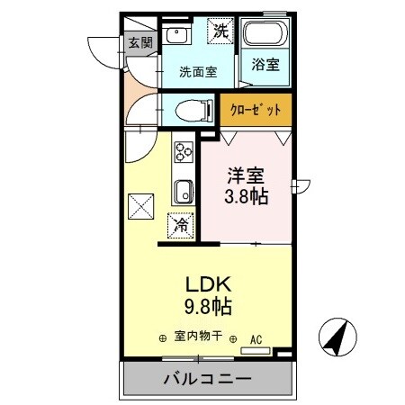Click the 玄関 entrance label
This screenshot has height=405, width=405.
click(139, 41)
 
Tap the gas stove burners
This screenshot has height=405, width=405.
click(184, 152)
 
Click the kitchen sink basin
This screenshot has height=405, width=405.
click(183, 192)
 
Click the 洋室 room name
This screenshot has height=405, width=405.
click(245, 176)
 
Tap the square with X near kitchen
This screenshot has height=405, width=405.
click(141, 208)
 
